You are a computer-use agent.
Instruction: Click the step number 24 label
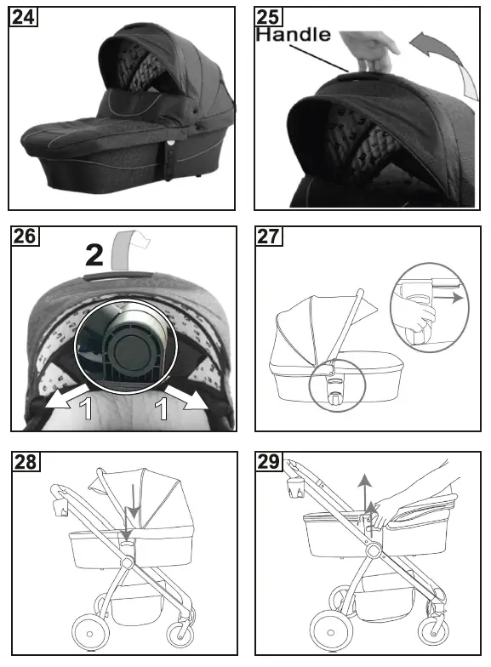[x=23, y=17]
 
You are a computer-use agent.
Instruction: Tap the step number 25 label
[x=270, y=17]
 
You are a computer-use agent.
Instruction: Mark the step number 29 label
[x=270, y=462]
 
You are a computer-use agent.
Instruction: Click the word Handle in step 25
[x=294, y=36]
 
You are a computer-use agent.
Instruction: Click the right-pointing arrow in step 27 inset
[x=456, y=299]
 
